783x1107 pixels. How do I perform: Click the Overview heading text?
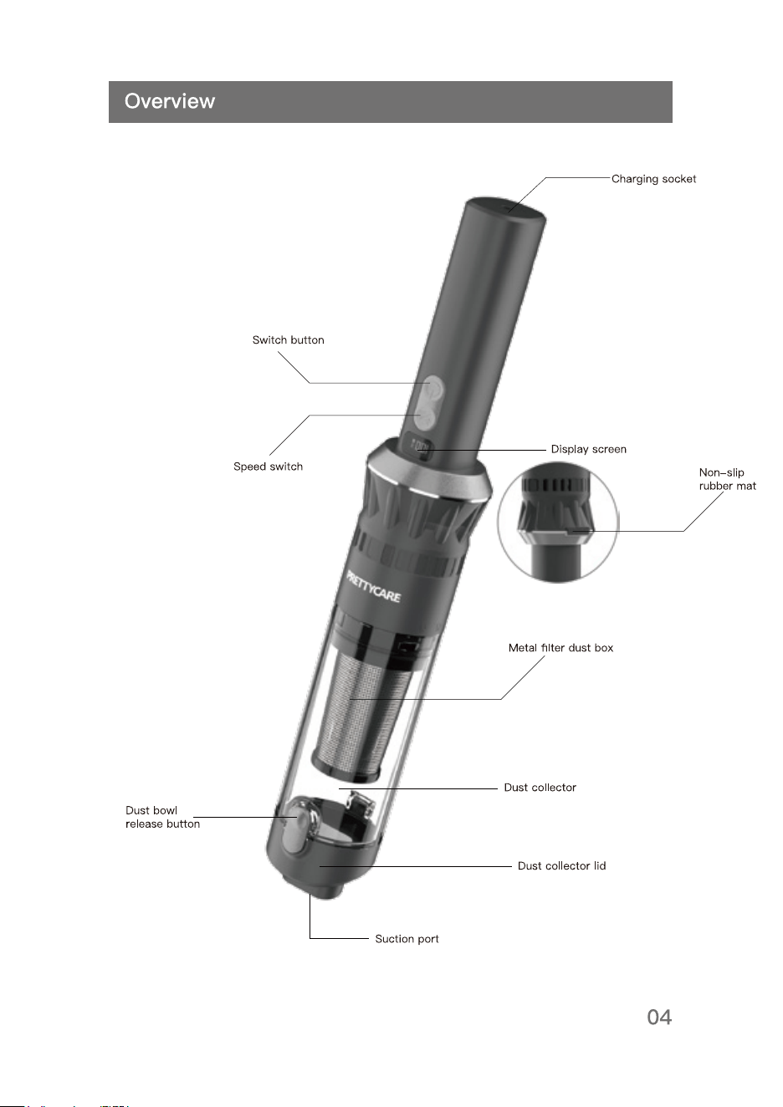pyautogui.click(x=170, y=101)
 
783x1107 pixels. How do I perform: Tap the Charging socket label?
pyautogui.click(x=653, y=179)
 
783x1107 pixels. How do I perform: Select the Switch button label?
pyautogui.click(x=288, y=340)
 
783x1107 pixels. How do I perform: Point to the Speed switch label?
pyautogui.click(x=268, y=467)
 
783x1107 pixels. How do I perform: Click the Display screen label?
pyautogui.click(x=588, y=449)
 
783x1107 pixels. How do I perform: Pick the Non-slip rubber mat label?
pyautogui.click(x=727, y=479)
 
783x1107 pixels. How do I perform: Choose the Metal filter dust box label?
pyautogui.click(x=560, y=648)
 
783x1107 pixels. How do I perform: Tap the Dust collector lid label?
pyautogui.click(x=561, y=866)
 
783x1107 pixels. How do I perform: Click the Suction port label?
pyautogui.click(x=407, y=939)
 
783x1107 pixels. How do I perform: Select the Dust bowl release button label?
pyautogui.click(x=162, y=818)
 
